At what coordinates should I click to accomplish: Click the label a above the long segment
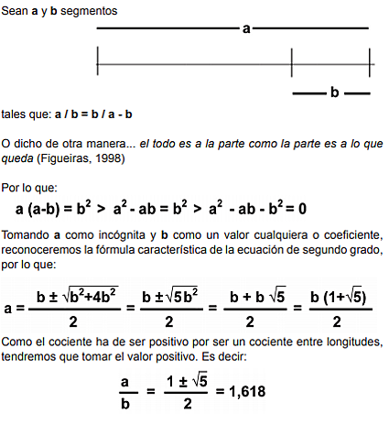pyautogui.click(x=246, y=30)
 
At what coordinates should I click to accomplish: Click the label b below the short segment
pyautogui.click(x=334, y=92)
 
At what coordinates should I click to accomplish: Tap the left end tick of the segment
pyautogui.click(x=98, y=63)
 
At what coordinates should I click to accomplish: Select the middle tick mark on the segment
pyautogui.click(x=292, y=63)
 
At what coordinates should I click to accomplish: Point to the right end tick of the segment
pyautogui.click(x=370, y=63)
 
